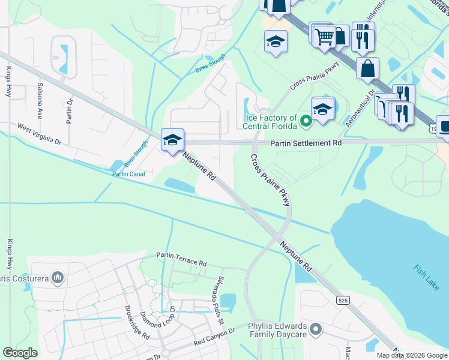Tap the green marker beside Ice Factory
[x=306, y=122]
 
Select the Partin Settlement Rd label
[x=306, y=143]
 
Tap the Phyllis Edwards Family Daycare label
[x=277, y=331]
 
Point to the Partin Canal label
[x=128, y=174]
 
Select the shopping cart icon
[x=324, y=36]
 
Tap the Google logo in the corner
[x=20, y=353]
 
